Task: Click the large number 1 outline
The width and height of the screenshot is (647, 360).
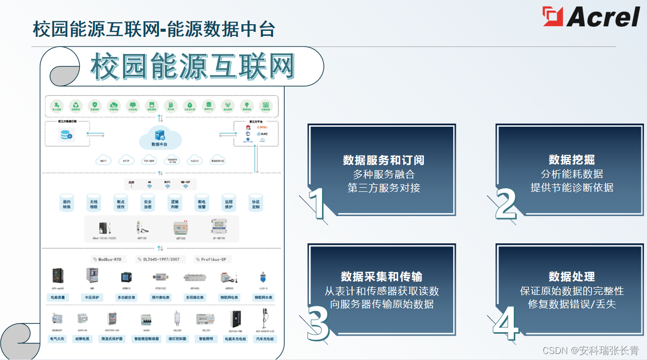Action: pyautogui.click(x=317, y=204)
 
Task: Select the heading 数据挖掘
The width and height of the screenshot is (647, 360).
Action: pyautogui.click(x=572, y=160)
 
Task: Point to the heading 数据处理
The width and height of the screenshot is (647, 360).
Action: pyautogui.click(x=572, y=277)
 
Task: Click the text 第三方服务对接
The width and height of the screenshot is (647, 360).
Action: pyautogui.click(x=384, y=188)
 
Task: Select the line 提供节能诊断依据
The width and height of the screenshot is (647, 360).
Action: pyautogui.click(x=572, y=187)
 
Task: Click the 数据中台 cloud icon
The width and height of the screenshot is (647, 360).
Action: pyautogui.click(x=160, y=137)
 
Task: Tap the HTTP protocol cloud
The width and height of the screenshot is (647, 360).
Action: pyautogui.click(x=126, y=161)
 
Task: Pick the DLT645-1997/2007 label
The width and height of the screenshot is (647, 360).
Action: pyautogui.click(x=160, y=259)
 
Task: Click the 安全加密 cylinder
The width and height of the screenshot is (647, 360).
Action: pyautogui.click(x=147, y=204)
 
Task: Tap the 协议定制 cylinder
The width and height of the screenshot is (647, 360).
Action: pyautogui.click(x=255, y=204)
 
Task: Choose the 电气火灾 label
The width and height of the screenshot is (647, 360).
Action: pyautogui.click(x=57, y=338)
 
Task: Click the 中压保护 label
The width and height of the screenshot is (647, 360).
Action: pyautogui.click(x=91, y=297)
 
